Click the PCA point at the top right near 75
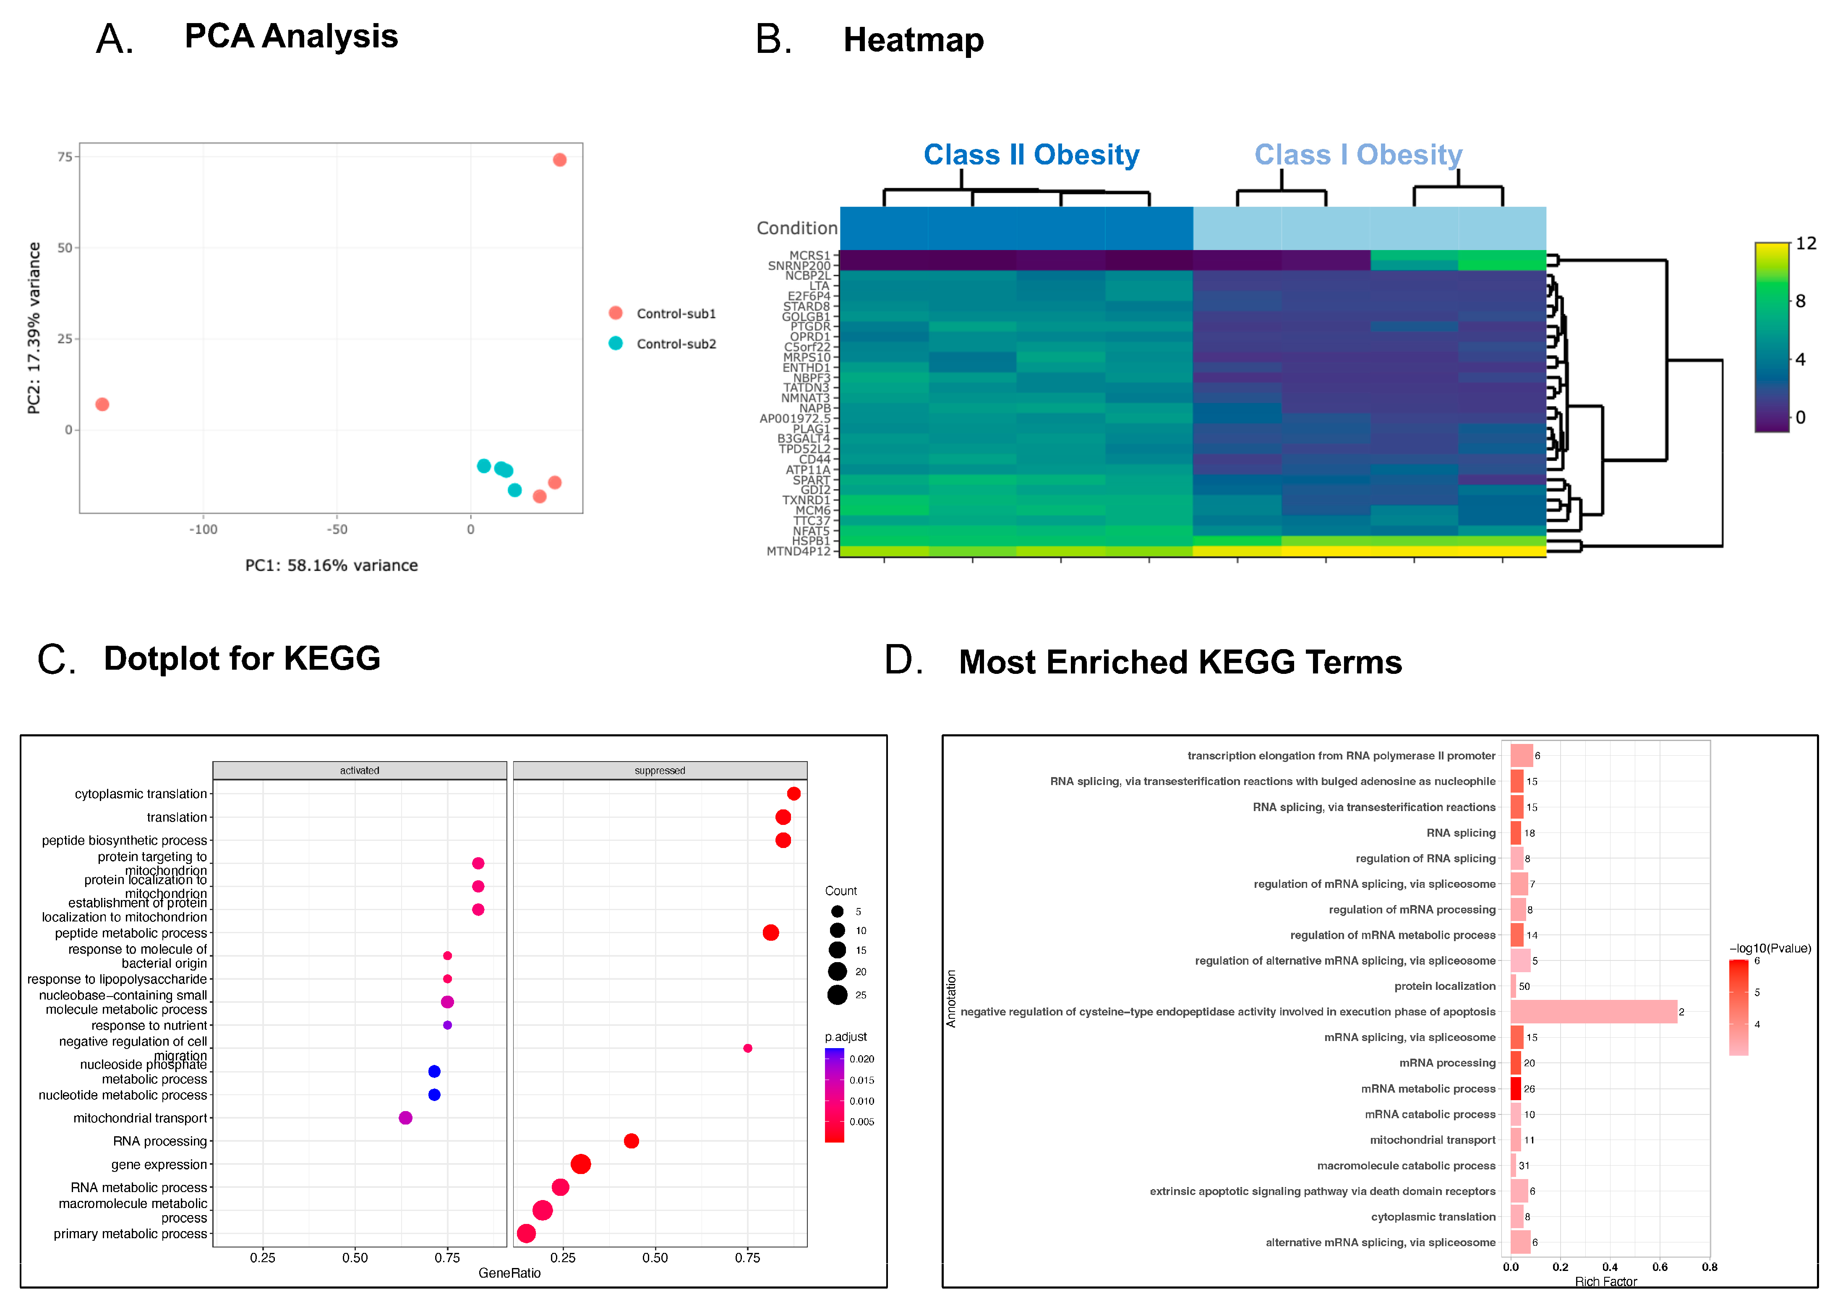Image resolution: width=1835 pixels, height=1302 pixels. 559,160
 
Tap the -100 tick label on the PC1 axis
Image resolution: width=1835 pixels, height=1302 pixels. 203,529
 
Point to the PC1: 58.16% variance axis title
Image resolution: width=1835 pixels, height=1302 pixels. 331,565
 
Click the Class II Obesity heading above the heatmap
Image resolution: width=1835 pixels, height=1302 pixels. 1031,155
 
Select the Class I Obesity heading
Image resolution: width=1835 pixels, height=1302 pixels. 1358,155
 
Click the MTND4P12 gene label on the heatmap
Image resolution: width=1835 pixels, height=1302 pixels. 799,552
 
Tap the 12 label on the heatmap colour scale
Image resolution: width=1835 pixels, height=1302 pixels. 1805,244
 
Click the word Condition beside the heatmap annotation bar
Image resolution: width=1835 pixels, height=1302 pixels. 797,229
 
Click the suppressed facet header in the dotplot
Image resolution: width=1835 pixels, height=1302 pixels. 660,770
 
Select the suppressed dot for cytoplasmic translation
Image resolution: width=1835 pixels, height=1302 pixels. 794,794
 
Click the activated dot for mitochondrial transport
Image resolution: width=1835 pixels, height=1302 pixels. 406,1118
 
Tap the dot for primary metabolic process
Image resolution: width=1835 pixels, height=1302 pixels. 526,1233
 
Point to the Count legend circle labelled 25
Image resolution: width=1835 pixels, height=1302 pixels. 838,995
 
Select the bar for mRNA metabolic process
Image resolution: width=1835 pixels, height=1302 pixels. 1515,1089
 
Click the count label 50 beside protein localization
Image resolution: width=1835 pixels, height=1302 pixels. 1524,986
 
